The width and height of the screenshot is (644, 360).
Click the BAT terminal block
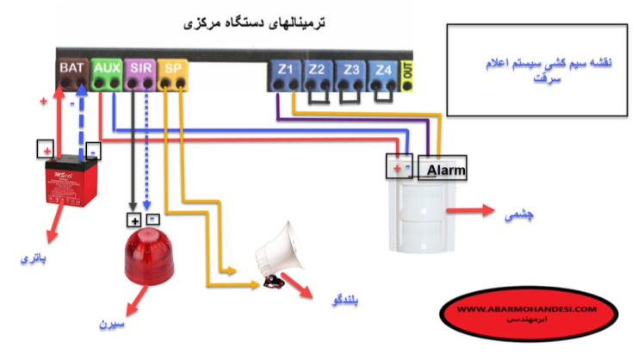72,73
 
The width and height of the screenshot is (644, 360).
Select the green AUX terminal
106,73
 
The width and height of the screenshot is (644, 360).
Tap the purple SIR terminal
138,73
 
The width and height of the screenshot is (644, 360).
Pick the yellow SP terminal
172,73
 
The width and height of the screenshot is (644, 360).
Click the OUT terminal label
407,74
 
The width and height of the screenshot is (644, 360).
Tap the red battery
70,181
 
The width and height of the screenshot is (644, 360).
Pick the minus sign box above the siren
152,220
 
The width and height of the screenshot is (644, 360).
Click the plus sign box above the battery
45,150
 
